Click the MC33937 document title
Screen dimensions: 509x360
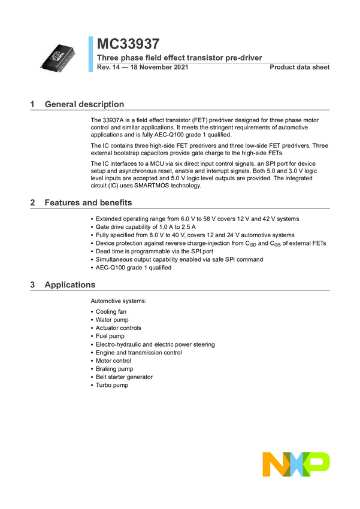click(128, 44)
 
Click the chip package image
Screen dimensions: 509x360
click(59, 58)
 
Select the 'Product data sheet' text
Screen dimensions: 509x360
click(300, 67)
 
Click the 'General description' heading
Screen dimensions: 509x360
click(84, 104)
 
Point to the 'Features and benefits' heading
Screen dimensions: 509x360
click(89, 202)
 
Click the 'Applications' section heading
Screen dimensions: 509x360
click(69, 284)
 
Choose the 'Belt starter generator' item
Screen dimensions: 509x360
click(124, 377)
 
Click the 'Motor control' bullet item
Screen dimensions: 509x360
click(113, 360)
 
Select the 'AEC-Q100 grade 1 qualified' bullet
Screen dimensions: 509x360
click(133, 268)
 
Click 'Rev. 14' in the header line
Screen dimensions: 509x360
click(108, 67)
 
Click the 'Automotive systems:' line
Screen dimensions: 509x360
click(117, 300)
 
